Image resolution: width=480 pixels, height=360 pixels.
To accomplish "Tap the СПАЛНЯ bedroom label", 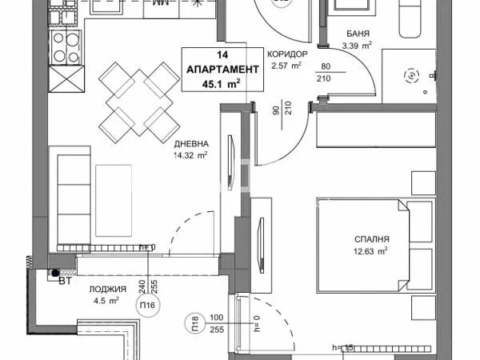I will tap(372, 238).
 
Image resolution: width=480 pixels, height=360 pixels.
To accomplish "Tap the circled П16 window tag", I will tap(147, 305).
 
